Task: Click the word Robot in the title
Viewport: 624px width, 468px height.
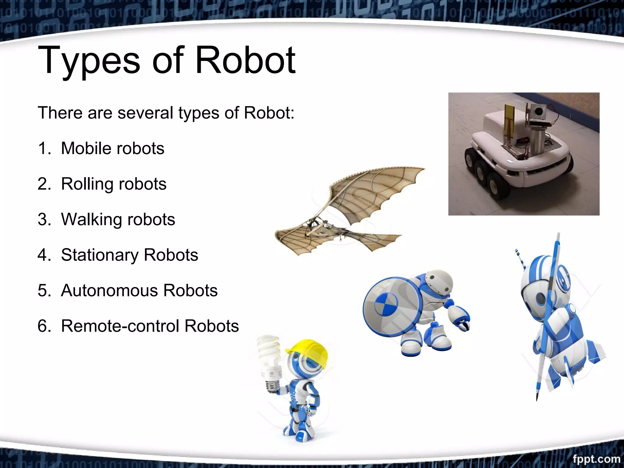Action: (x=245, y=60)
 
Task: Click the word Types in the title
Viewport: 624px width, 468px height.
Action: (x=88, y=60)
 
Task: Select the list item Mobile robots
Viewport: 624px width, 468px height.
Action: (x=112, y=148)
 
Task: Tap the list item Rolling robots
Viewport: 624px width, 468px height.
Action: (x=114, y=184)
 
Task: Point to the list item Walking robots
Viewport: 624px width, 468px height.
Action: (x=118, y=219)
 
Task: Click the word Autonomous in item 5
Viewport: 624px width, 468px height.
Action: (x=109, y=290)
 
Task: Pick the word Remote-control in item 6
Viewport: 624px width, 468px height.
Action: (x=120, y=326)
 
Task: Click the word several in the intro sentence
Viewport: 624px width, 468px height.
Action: (x=145, y=113)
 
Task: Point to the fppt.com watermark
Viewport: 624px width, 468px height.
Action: (x=596, y=459)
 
